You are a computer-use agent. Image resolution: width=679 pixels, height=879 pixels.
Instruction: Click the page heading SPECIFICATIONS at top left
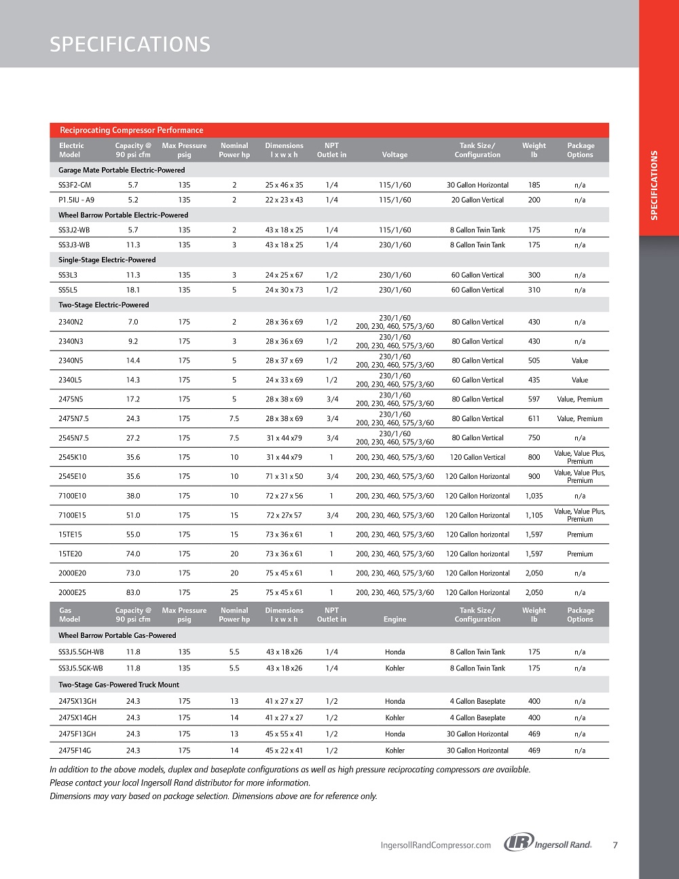tap(130, 45)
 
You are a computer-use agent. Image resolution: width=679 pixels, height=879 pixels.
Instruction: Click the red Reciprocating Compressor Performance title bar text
tap(131, 130)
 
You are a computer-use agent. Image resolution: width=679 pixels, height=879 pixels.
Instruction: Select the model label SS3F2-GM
tap(75, 185)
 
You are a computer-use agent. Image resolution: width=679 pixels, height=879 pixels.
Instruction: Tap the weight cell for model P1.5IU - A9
tap(534, 200)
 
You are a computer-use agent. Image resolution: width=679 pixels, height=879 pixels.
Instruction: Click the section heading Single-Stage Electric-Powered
tap(107, 260)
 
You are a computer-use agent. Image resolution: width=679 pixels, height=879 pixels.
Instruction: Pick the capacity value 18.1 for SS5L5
tap(133, 290)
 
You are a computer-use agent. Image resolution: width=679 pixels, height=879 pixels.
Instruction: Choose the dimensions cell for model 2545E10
tap(284, 477)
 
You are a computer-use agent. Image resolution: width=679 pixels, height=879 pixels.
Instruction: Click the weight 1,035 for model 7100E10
tap(534, 496)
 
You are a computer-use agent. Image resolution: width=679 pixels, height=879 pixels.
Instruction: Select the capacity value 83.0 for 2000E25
tap(133, 593)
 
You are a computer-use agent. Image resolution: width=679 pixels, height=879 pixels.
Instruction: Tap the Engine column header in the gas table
tap(394, 620)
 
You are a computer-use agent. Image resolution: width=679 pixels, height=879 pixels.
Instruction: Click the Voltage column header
tap(394, 155)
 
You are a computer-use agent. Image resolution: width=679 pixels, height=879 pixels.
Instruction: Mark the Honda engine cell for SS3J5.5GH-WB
tap(394, 652)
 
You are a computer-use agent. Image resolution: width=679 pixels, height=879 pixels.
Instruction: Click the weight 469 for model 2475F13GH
tap(534, 734)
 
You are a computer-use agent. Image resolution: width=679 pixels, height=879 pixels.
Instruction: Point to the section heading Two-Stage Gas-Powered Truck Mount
tap(119, 685)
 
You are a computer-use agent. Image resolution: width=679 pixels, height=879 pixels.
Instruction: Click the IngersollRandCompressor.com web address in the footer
tap(436, 846)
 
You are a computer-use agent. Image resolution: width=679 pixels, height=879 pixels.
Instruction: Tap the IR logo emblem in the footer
tap(519, 843)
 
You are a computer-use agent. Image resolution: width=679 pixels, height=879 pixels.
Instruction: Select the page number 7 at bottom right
tap(615, 846)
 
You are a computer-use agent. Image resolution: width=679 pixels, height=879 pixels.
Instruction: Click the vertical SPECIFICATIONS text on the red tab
tap(655, 185)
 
